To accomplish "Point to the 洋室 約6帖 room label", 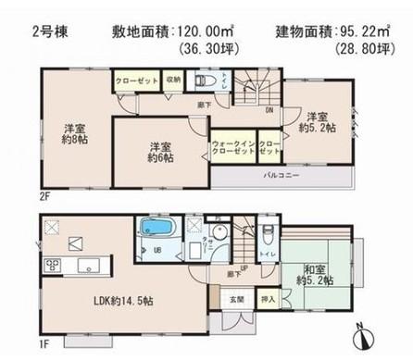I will (x=159, y=150).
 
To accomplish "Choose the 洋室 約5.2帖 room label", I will (x=318, y=120).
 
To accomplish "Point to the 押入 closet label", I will (x=267, y=300).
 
